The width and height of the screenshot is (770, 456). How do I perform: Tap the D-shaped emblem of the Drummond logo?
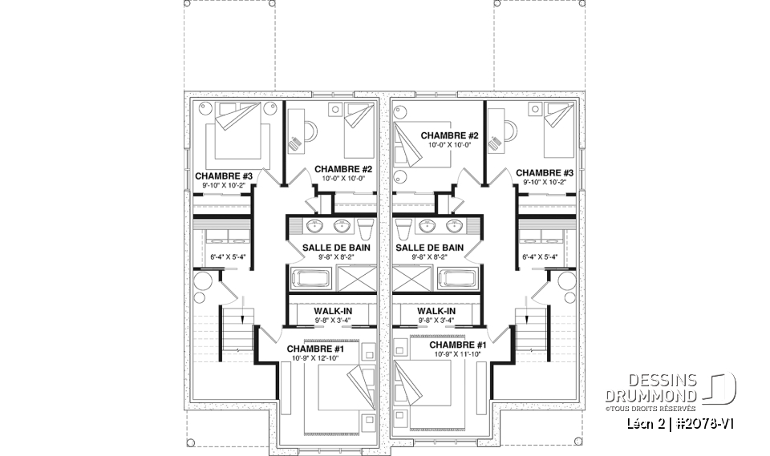point(721,389)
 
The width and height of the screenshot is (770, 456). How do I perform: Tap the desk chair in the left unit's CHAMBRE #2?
point(296,143)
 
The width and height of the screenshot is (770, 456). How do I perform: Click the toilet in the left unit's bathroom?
point(365,229)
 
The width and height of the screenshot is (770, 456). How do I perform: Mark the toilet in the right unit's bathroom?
point(405,229)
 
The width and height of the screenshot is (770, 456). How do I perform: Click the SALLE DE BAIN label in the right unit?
point(429,248)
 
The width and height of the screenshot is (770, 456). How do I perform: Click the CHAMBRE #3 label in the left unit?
point(224,176)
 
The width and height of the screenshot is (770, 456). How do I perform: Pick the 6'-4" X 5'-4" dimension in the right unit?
point(539,257)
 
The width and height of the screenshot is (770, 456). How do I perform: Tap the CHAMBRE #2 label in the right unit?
point(450,135)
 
